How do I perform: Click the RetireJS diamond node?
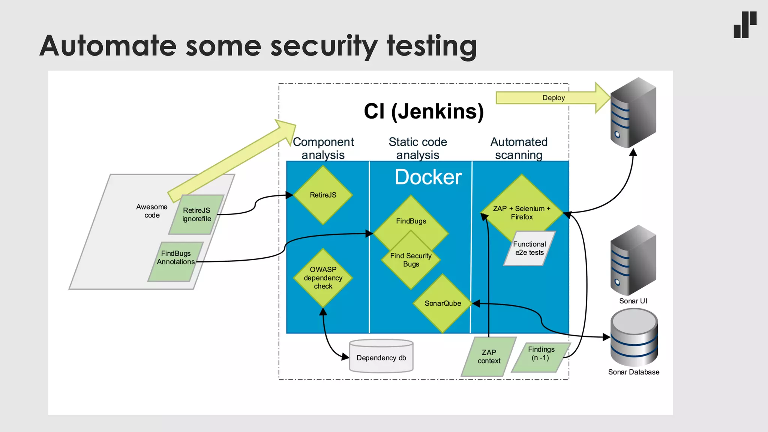(x=323, y=195)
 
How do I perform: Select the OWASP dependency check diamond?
(x=323, y=278)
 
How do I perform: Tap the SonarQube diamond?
(x=442, y=303)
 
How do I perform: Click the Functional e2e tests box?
(x=529, y=249)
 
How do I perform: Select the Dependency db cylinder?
(x=381, y=357)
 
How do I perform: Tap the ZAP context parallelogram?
(x=489, y=357)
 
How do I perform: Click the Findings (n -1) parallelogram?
(x=541, y=354)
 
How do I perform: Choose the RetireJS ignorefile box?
(x=196, y=214)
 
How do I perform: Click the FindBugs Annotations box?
(x=175, y=258)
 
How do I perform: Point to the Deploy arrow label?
(x=553, y=98)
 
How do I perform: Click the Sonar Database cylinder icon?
(x=634, y=337)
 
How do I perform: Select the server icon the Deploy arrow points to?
(x=633, y=112)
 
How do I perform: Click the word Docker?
(x=428, y=177)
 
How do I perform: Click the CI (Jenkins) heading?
(x=424, y=111)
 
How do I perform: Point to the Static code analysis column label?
(x=418, y=148)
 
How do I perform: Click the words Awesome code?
(x=152, y=211)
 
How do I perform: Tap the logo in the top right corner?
(x=745, y=25)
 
